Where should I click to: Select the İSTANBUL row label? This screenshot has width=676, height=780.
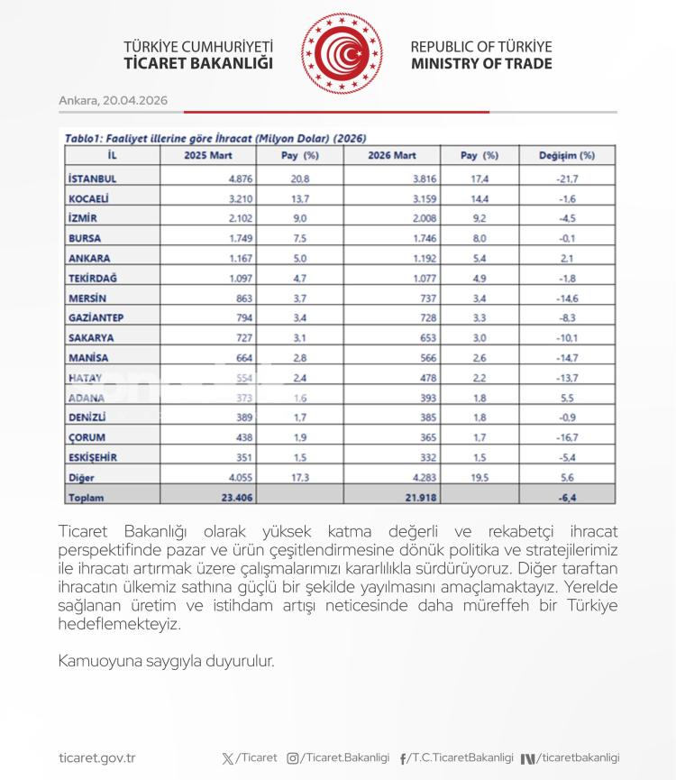93,179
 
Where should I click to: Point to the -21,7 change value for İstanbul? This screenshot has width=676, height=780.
567,179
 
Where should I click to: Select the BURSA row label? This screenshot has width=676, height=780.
84,238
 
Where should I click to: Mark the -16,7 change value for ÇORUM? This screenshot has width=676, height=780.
567,436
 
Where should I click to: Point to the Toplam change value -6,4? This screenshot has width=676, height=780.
567,496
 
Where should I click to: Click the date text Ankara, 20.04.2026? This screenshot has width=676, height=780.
114,100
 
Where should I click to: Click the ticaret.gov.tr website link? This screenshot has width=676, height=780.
96,758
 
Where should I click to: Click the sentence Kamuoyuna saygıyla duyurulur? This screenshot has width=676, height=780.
165,661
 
